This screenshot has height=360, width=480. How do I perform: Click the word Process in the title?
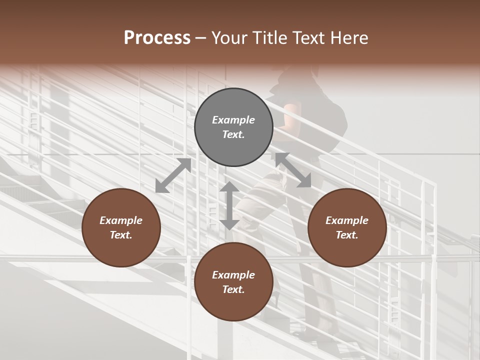(x=157, y=38)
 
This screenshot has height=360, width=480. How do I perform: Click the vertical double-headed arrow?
(x=229, y=205)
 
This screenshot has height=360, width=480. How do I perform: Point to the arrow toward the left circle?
(x=173, y=175)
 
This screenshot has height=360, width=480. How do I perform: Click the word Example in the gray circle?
(x=233, y=120)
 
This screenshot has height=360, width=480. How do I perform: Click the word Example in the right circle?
(x=347, y=220)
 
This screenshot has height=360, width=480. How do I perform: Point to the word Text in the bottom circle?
(x=232, y=289)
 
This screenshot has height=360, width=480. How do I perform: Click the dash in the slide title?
(x=201, y=38)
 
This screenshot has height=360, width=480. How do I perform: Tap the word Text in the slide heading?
(x=310, y=38)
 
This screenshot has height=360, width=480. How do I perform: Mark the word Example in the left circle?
(x=121, y=220)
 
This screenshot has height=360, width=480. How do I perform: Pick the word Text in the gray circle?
(x=232, y=134)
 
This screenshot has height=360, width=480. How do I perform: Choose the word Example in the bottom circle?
(x=233, y=275)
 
